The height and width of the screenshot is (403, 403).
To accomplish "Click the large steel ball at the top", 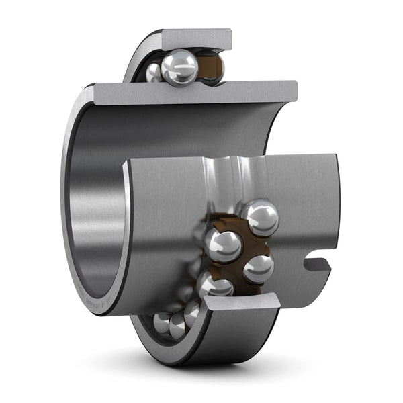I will pos(179,67).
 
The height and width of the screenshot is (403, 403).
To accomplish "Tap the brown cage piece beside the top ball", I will pos(212,67).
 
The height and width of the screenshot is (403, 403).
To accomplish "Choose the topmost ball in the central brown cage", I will pos(260,217).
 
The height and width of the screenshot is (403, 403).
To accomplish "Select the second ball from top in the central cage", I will pos(224,244).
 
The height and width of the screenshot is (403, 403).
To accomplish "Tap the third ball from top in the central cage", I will pos(258,268).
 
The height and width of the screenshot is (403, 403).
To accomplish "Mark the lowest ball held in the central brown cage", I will pos(216,285).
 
